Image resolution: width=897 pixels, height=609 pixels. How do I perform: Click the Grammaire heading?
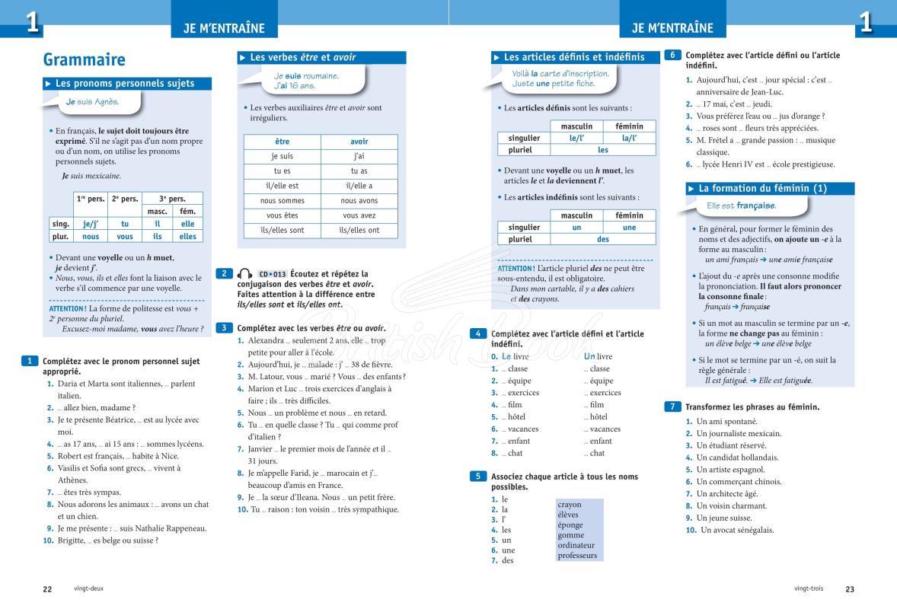click(x=84, y=59)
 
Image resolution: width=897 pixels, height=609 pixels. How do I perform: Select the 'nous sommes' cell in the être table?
click(x=282, y=200)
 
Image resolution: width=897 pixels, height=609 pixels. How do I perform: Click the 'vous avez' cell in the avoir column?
click(x=359, y=215)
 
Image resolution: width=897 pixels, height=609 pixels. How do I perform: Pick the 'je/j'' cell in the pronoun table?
click(x=91, y=224)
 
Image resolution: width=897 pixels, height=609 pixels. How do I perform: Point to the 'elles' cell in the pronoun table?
click(x=187, y=236)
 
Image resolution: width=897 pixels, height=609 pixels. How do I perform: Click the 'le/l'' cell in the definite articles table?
click(x=576, y=138)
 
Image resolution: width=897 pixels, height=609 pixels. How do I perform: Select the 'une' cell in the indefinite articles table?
click(x=629, y=227)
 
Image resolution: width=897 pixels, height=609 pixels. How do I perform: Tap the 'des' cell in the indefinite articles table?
click(x=602, y=239)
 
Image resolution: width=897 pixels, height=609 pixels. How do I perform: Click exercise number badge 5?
click(x=478, y=477)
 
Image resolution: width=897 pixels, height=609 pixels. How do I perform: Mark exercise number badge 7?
click(x=672, y=407)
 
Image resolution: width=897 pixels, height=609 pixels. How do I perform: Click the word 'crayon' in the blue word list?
click(x=570, y=504)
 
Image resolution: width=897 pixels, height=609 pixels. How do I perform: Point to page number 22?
click(x=47, y=588)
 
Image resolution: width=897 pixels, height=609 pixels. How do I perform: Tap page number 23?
click(x=850, y=588)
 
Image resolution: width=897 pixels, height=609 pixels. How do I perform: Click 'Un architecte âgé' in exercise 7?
click(x=726, y=493)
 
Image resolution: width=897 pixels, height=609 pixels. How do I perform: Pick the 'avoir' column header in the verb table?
click(x=359, y=142)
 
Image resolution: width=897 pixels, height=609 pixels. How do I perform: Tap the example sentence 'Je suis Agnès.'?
click(x=92, y=102)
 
